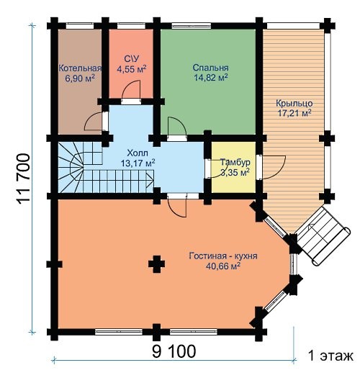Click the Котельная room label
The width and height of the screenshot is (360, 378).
point(80,68)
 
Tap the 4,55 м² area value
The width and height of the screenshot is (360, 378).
point(132,69)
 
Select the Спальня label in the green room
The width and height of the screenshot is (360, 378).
point(210,68)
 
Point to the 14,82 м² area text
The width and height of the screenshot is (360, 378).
point(211,77)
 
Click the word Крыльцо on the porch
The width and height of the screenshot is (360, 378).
point(294,104)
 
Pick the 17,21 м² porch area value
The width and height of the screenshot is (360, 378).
point(294,113)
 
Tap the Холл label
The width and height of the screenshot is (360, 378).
point(138,153)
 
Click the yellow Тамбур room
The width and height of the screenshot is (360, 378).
point(233,167)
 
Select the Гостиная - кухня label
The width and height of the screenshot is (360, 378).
point(223,256)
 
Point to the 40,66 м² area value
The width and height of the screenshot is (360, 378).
point(223,266)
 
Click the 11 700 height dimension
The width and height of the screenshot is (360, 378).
point(24,179)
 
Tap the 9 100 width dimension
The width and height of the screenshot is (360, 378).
point(174,351)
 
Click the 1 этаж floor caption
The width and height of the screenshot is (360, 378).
point(330,356)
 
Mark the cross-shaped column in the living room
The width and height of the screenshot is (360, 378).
point(156,264)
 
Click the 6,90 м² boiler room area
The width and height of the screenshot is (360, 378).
point(80,78)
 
